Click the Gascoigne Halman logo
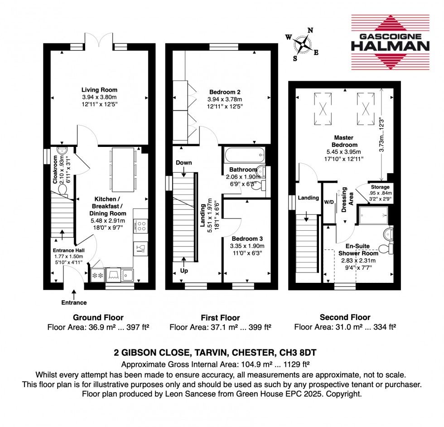[x=390, y=42]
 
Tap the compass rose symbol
[x=302, y=44]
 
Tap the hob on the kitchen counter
[x=140, y=226]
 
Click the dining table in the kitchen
[x=123, y=170]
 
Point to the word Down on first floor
[x=184, y=162]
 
